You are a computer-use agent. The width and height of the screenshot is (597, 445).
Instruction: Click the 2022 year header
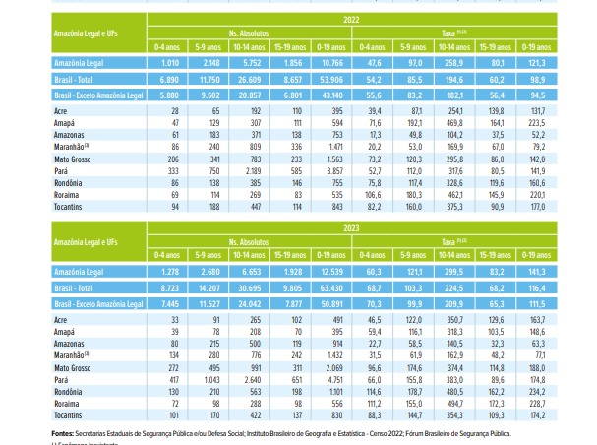(352, 19)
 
